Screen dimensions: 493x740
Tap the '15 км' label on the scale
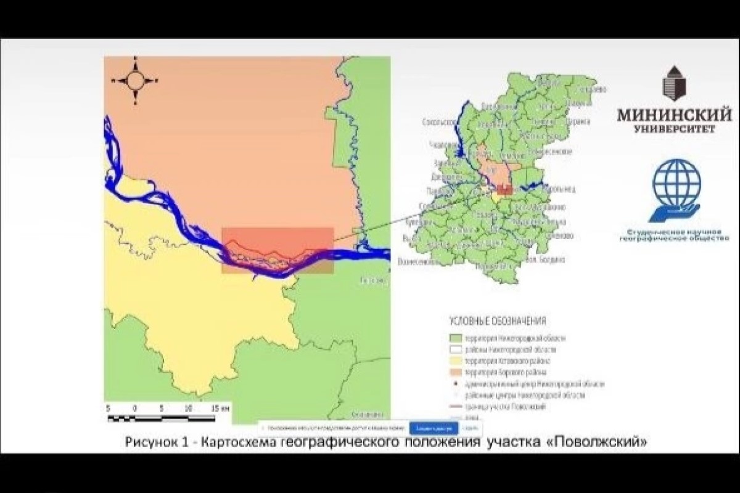pos(220,408)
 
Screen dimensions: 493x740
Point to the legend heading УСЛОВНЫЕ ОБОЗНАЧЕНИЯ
pos(497,321)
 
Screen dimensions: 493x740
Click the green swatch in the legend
pos(454,338)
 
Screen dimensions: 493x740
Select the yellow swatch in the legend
pos(454,361)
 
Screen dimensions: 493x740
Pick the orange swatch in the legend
pos(454,372)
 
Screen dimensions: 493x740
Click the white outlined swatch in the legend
pos(454,349)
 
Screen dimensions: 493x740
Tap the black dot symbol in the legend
pos(454,383)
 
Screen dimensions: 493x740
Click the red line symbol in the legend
pos(454,407)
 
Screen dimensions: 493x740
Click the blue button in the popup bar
pos(434,428)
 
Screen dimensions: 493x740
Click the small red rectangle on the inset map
pos(504,190)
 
